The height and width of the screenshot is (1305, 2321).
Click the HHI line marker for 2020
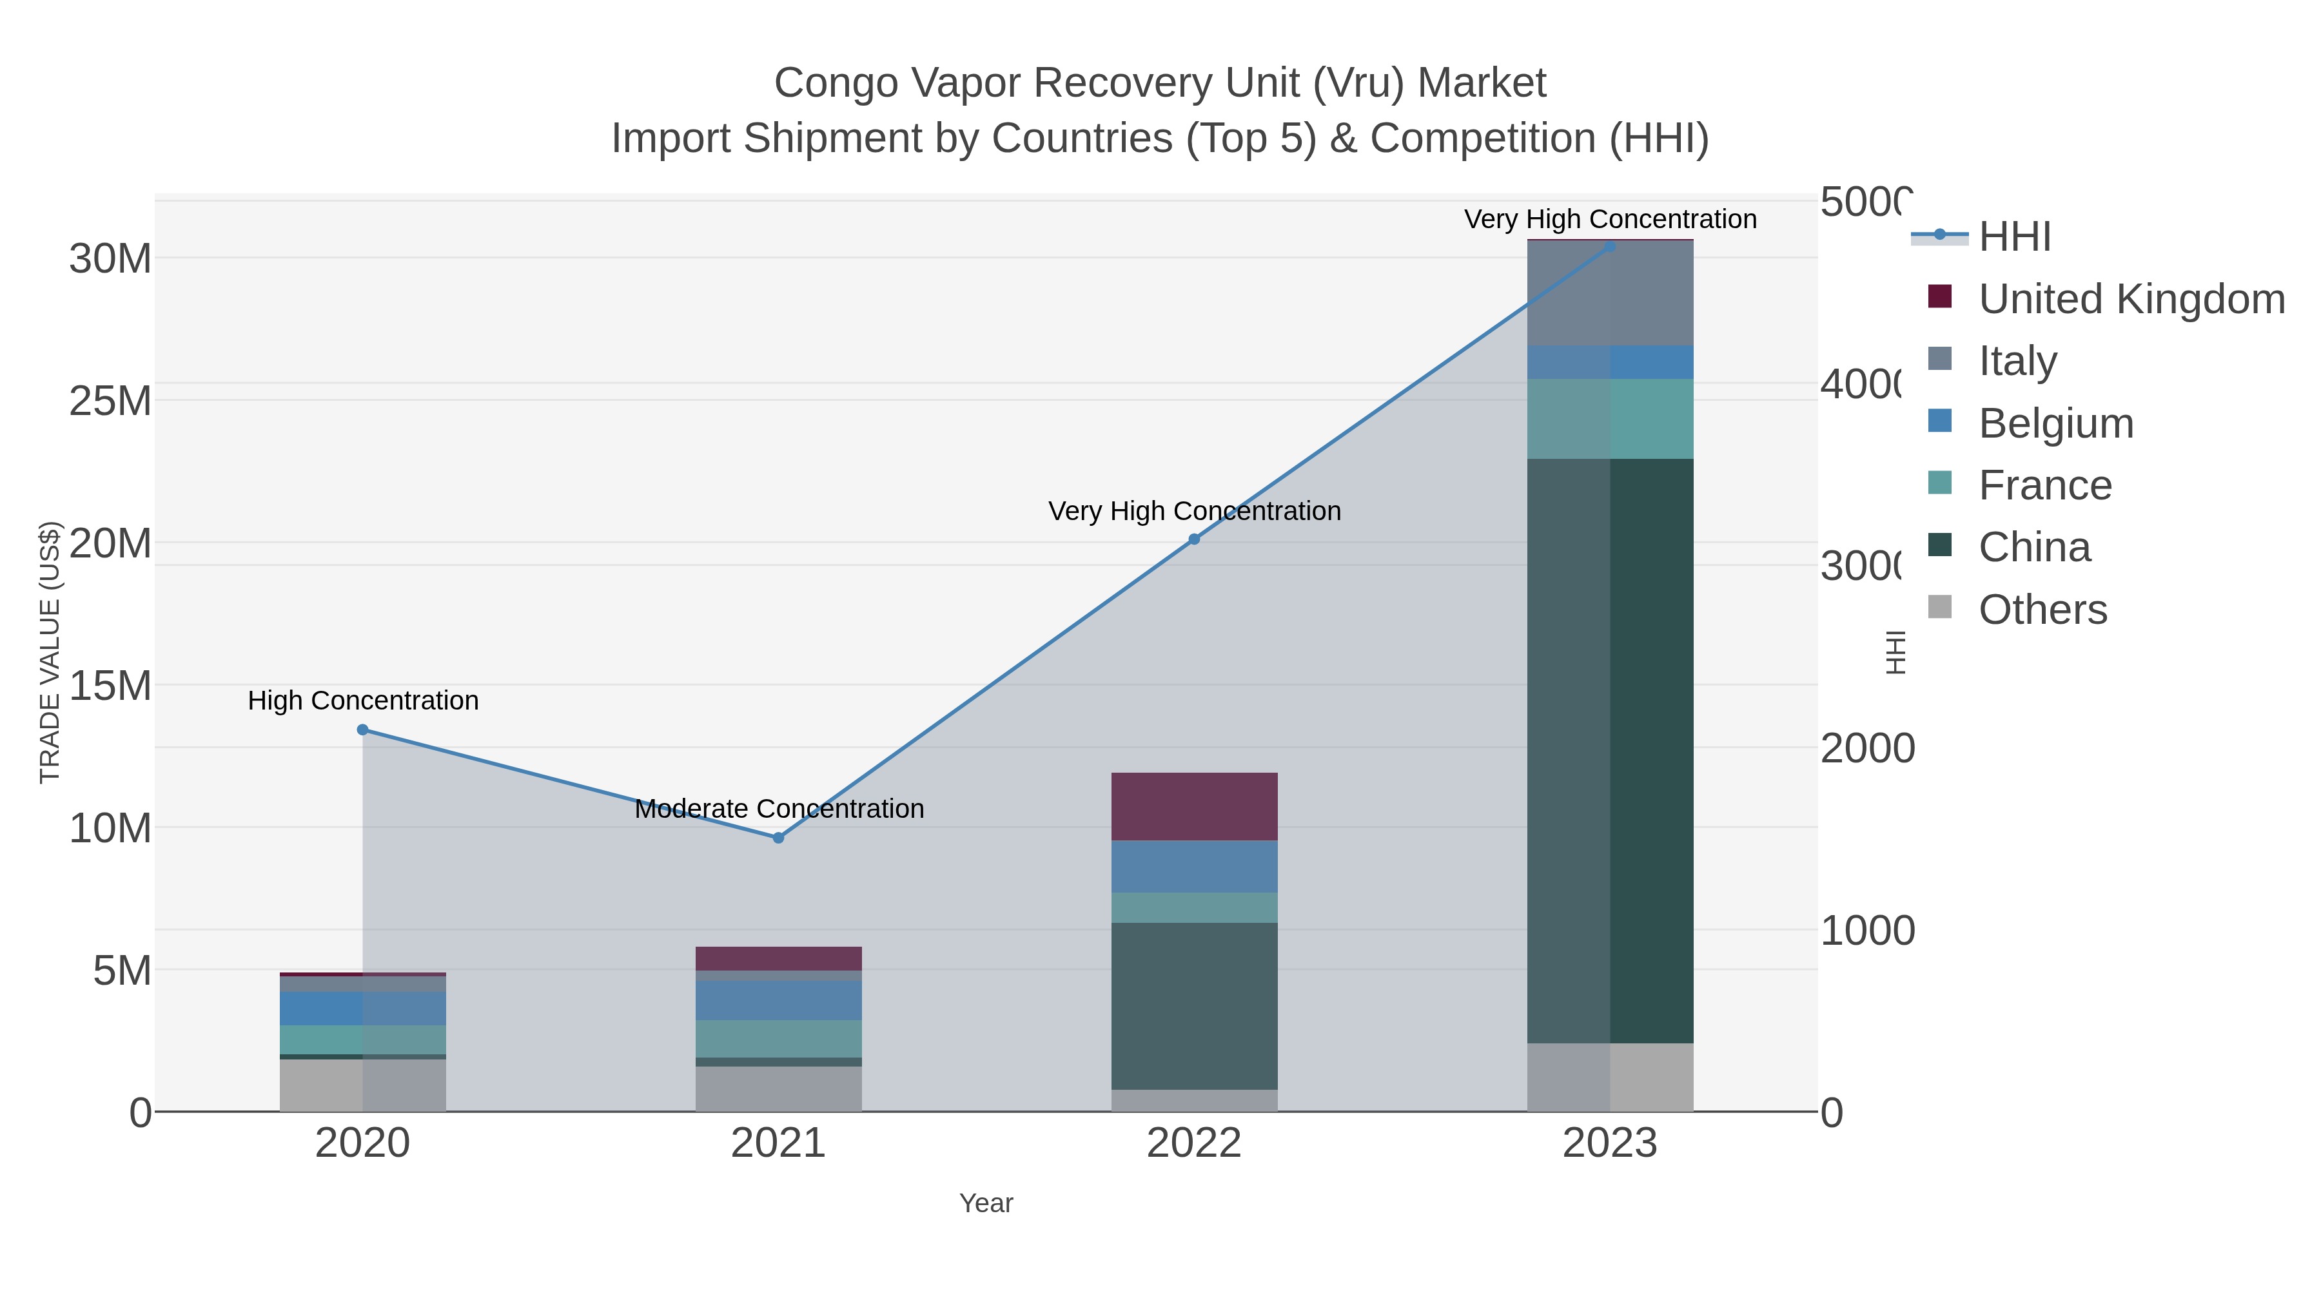[x=362, y=730]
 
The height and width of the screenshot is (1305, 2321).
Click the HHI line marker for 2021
[x=778, y=838]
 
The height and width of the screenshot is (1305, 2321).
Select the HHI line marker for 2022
[x=1194, y=539]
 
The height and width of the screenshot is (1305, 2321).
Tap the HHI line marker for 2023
[x=1610, y=246]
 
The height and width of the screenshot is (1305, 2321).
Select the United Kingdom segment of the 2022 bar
[x=1194, y=806]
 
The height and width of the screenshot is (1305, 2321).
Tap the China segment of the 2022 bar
[x=1194, y=1005]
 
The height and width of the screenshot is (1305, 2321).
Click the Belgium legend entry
[x=2055, y=423]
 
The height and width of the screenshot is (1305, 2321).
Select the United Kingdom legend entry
[x=2131, y=299]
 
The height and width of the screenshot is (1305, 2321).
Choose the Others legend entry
[x=2042, y=610]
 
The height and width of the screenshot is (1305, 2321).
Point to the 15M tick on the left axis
[x=110, y=686]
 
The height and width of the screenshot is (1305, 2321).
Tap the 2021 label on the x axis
[x=778, y=1144]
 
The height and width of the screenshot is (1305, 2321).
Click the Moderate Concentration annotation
[x=778, y=809]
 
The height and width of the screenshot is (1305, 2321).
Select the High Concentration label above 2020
[x=362, y=701]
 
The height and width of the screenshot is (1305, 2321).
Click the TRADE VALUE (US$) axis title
[x=50, y=652]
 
